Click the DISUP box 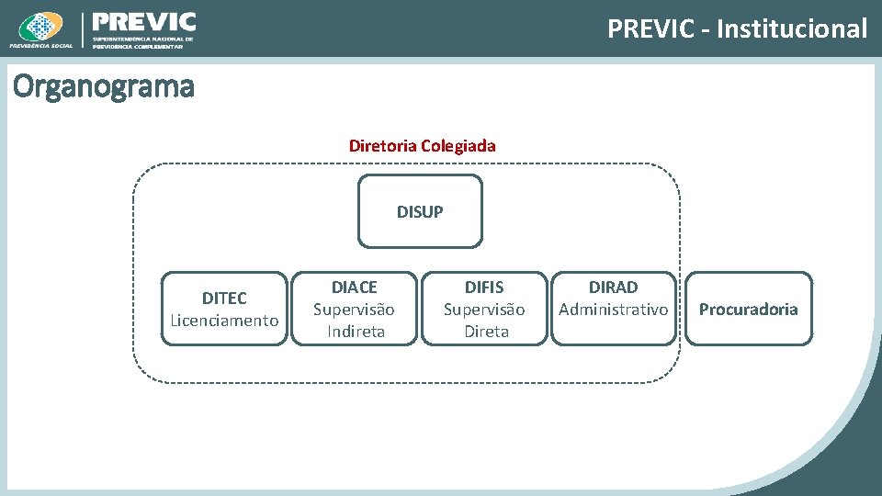(420, 211)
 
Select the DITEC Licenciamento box (225, 309)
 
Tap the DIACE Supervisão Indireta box (355, 309)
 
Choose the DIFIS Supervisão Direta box (484, 309)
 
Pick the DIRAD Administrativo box (614, 309)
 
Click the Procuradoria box (749, 309)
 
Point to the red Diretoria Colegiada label (422, 145)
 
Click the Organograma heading (103, 87)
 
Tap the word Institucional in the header (792, 29)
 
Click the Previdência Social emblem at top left (40, 28)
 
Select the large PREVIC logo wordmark (144, 22)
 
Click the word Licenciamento (225, 321)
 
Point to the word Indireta (356, 332)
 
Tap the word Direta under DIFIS (486, 332)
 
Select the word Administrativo (614, 310)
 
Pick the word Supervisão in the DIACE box (354, 310)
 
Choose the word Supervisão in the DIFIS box (484, 310)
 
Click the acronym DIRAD (614, 287)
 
